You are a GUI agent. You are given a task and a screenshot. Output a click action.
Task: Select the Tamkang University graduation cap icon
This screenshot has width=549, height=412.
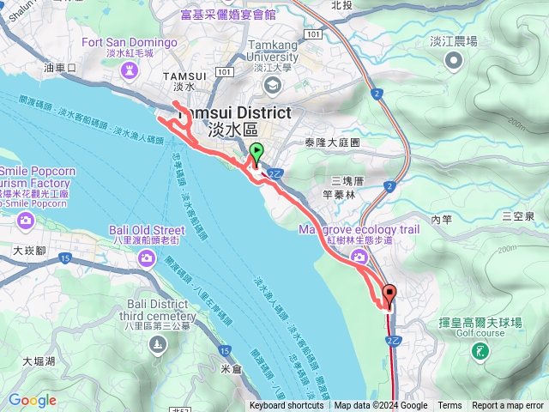click(x=272, y=83)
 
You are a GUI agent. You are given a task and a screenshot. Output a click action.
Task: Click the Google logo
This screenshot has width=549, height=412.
click(x=32, y=400)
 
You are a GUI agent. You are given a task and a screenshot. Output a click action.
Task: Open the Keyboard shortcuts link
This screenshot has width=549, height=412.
click(x=287, y=406)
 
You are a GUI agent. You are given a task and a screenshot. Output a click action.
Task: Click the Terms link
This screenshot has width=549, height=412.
click(x=449, y=406)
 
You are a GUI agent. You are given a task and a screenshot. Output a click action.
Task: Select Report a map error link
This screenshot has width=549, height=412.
click(x=508, y=406)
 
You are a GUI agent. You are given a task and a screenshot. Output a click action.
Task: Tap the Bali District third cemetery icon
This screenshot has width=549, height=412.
click(x=156, y=344)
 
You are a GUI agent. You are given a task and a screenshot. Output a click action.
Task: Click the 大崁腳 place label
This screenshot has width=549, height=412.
click(x=29, y=251)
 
